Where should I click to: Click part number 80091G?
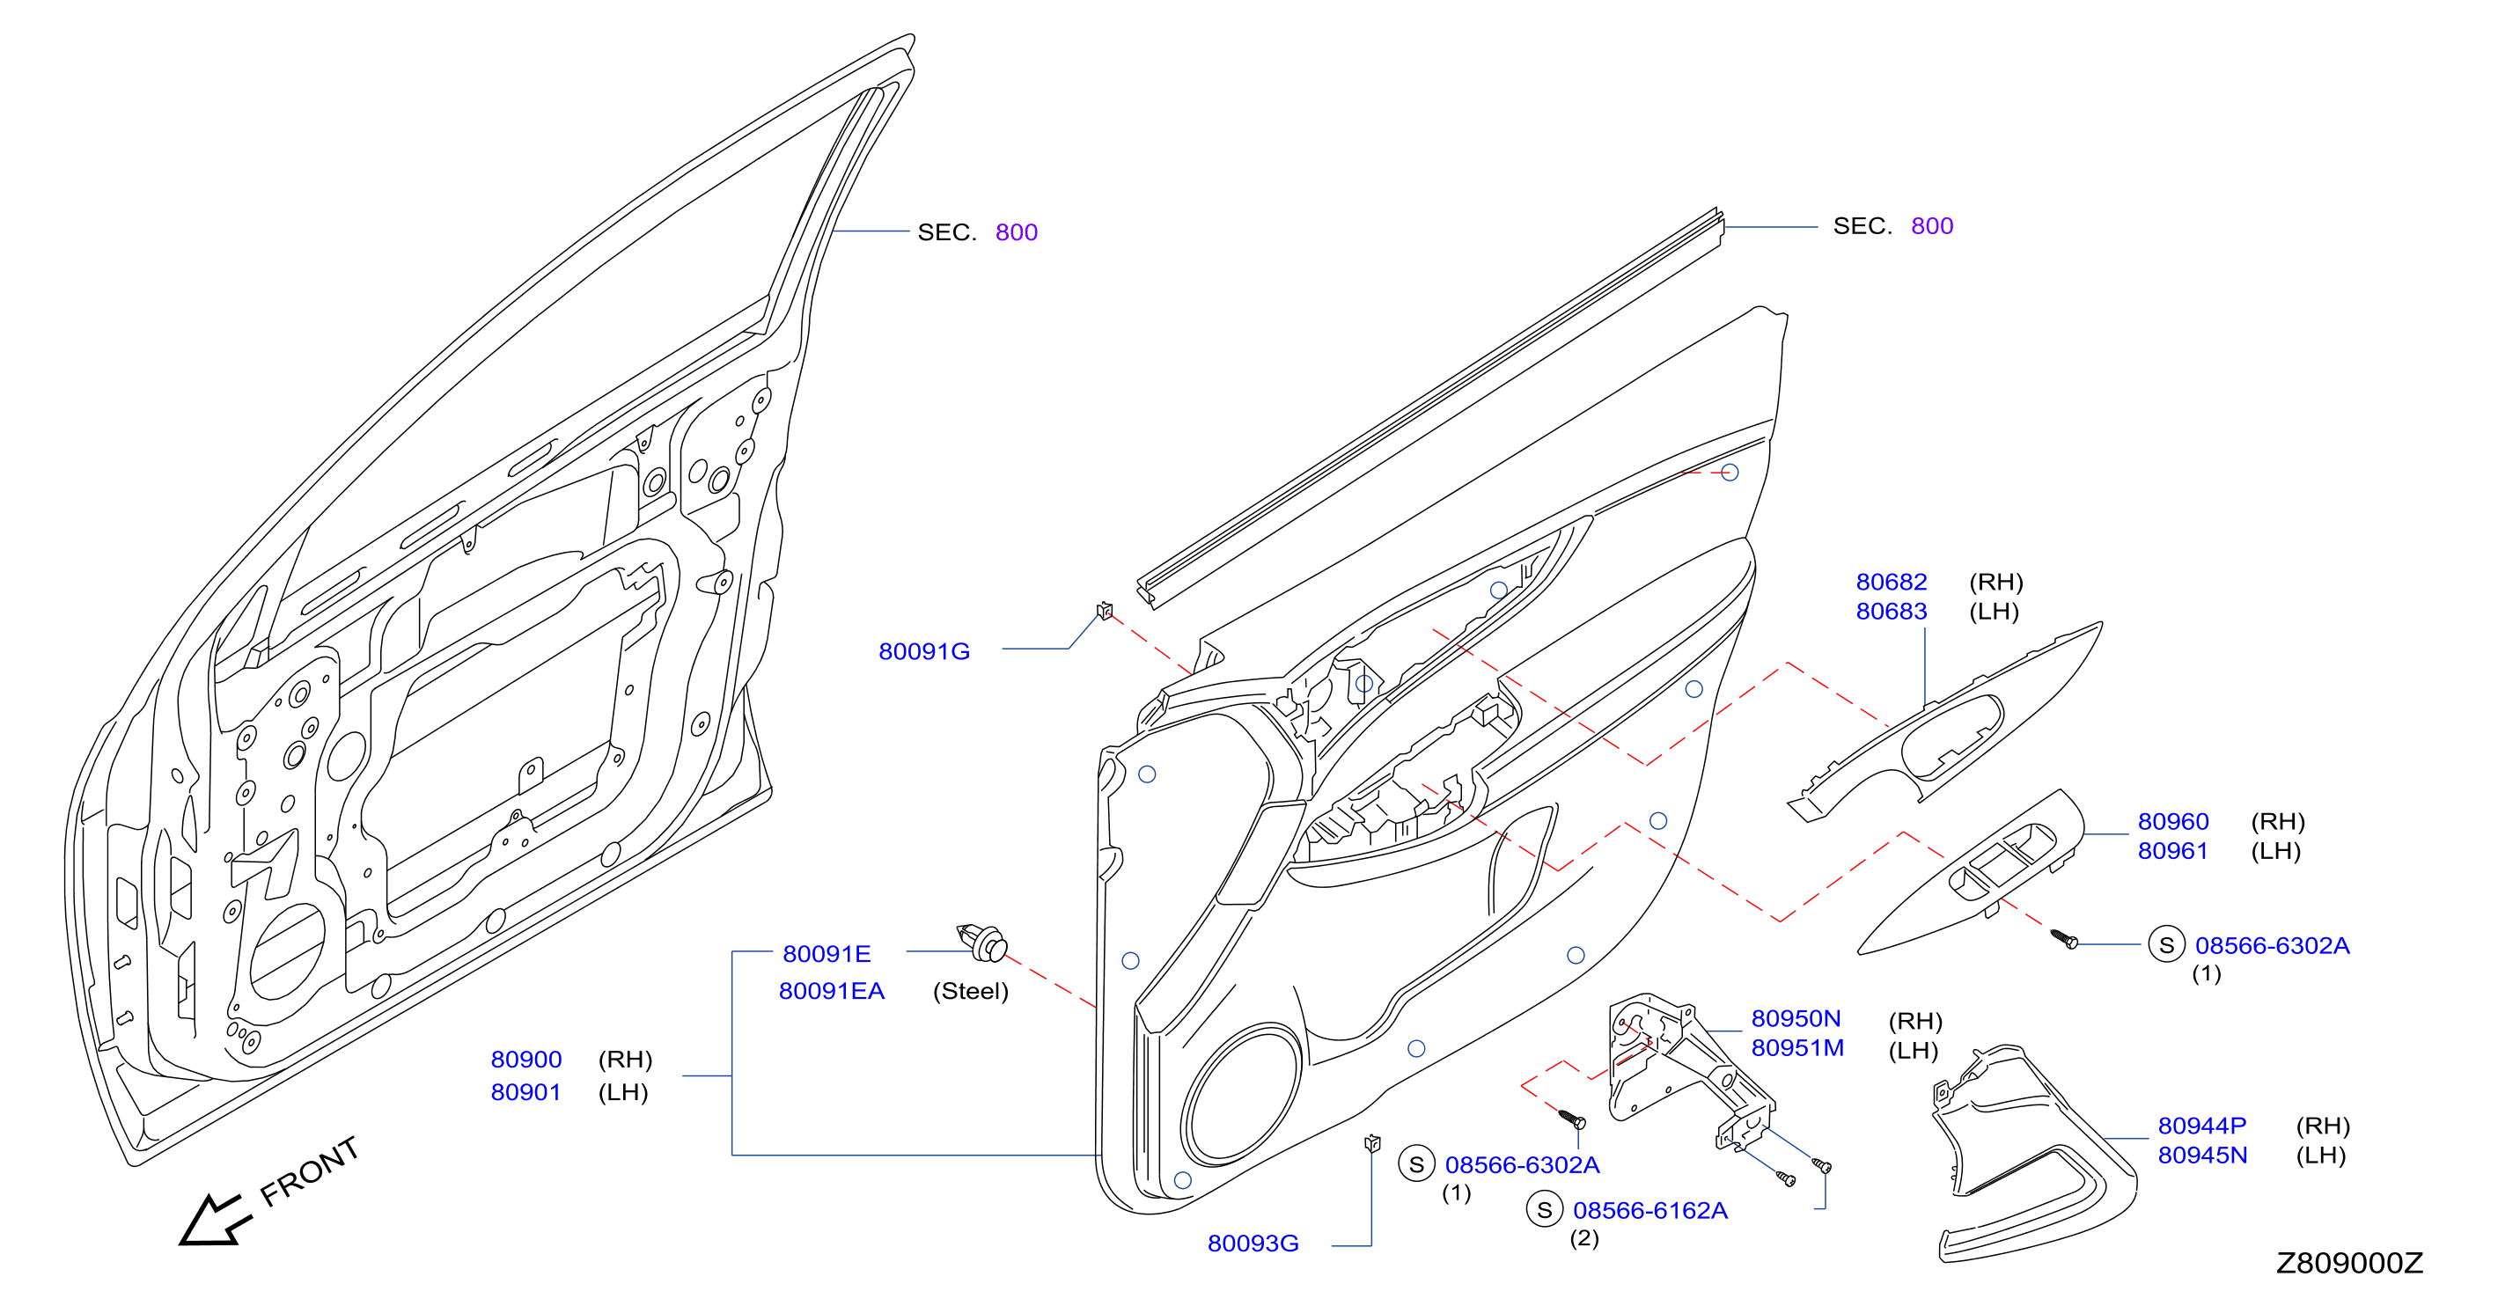tap(923, 651)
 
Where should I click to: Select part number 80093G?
tap(1253, 1244)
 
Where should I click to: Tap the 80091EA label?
tap(832, 991)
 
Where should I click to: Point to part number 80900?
tap(526, 1060)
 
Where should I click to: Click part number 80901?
tap(526, 1092)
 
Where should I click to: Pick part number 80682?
tap(1891, 582)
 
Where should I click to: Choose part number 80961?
tap(2172, 851)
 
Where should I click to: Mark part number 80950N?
tap(1795, 1018)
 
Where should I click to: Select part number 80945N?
tap(2202, 1156)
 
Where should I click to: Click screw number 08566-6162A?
tap(1649, 1210)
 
